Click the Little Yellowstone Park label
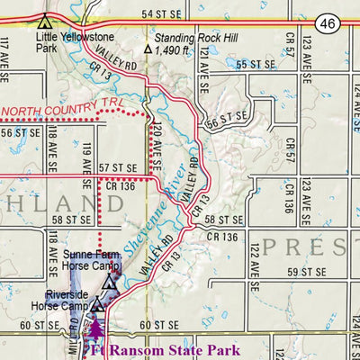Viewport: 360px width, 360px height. pos(63,45)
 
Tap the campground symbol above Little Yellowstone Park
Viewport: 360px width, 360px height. pos(44,21)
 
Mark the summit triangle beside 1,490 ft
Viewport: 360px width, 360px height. pos(148,50)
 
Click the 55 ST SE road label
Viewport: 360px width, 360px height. pos(254,65)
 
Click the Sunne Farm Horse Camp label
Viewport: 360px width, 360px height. pos(92,261)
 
